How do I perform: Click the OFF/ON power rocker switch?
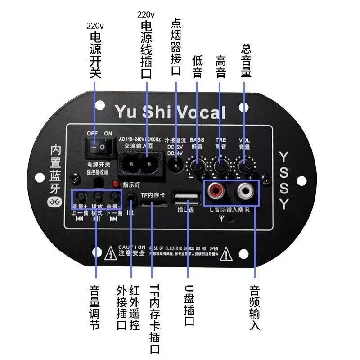[x=99, y=147]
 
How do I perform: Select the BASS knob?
[x=197, y=166]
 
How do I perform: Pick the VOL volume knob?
[x=244, y=166]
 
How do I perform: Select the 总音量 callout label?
[x=246, y=60]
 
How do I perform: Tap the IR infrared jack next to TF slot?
[x=131, y=198]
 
